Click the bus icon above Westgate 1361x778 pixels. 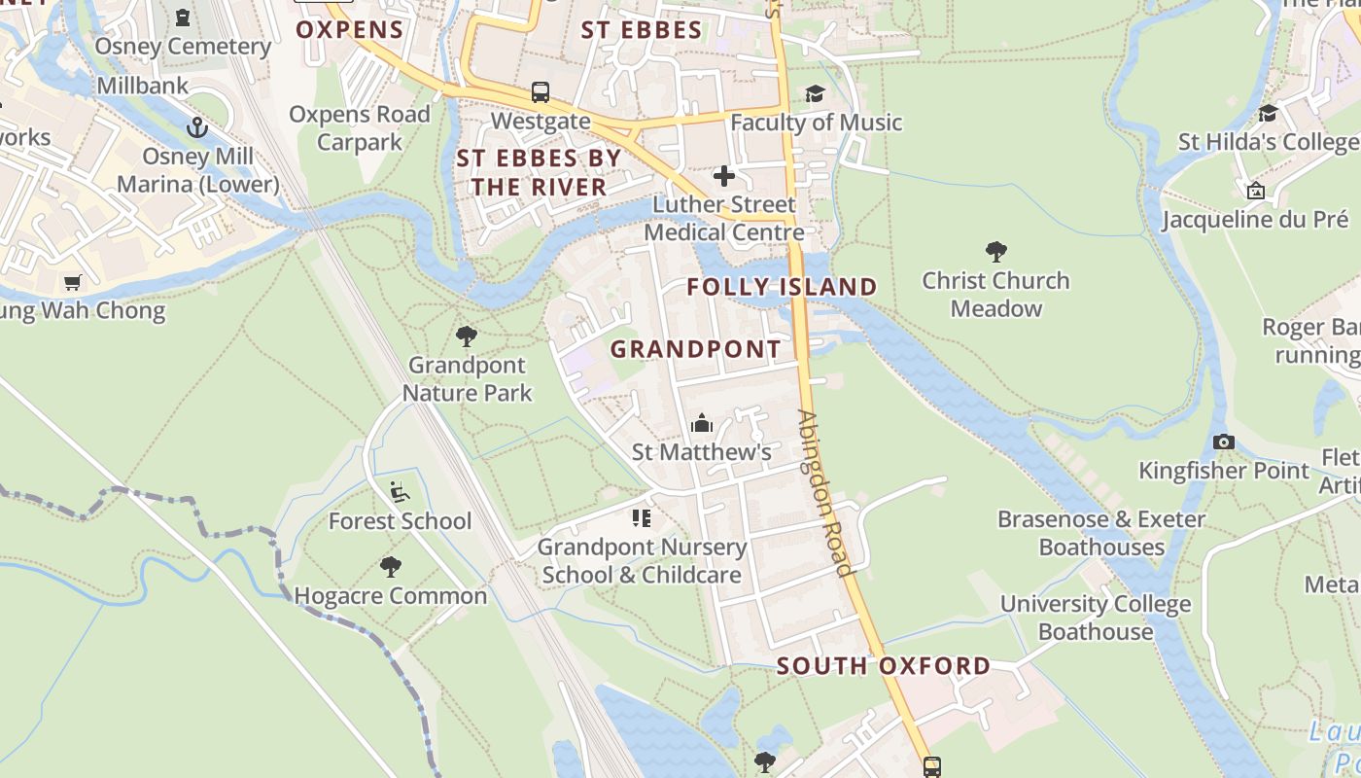click(x=541, y=92)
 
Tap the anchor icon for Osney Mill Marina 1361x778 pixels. click(x=197, y=127)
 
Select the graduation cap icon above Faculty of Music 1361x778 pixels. click(x=815, y=93)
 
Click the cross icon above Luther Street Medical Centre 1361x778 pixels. click(x=724, y=176)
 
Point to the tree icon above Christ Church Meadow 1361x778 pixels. click(x=995, y=252)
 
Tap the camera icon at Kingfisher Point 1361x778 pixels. click(x=1224, y=442)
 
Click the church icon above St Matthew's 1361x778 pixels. click(x=701, y=423)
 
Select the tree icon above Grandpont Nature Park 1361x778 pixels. click(x=467, y=336)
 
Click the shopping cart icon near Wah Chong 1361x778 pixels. click(x=72, y=282)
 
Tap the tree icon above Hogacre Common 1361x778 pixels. click(x=391, y=566)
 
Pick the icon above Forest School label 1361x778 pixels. click(x=399, y=491)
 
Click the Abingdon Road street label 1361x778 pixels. click(x=824, y=492)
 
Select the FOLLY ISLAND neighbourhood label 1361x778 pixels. click(x=782, y=287)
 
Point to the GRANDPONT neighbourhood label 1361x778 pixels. click(x=695, y=349)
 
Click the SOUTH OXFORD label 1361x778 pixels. click(x=883, y=666)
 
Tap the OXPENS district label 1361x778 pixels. click(x=350, y=29)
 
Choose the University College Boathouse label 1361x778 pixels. click(x=1096, y=618)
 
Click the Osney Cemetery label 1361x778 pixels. click(x=183, y=46)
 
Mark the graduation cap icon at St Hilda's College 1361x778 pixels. click(x=1268, y=113)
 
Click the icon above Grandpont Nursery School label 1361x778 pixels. click(x=641, y=517)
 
